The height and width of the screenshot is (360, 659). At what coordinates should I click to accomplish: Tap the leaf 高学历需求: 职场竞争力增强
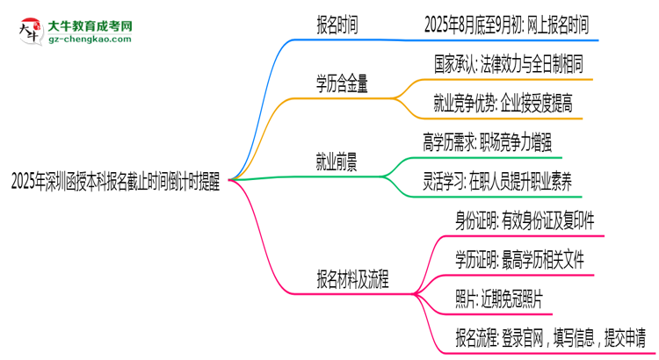point(488,143)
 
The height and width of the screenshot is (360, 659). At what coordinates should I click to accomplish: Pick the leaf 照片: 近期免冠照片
point(499,298)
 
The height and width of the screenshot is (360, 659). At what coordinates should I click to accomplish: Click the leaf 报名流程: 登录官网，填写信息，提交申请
point(550,336)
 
